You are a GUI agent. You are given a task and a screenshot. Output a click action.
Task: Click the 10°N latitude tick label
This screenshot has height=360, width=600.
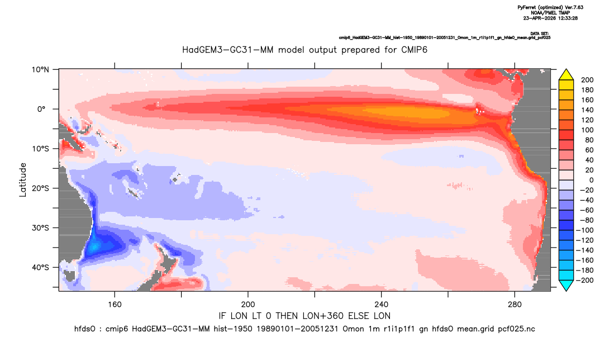pyautogui.click(x=40, y=70)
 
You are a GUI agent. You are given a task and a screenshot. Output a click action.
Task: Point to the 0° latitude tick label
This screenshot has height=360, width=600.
pyautogui.click(x=41, y=109)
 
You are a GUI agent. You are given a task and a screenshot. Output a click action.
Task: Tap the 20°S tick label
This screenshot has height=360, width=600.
pyautogui.click(x=40, y=188)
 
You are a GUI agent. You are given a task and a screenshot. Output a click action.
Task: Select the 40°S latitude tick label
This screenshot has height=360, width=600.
pyautogui.click(x=40, y=267)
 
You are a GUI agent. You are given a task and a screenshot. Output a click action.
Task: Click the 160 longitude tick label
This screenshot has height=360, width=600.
pyautogui.click(x=115, y=305)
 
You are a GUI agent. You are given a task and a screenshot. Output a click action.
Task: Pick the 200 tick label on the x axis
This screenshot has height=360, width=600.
pyautogui.click(x=248, y=305)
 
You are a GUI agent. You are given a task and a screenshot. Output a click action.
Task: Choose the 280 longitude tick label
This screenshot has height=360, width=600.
pyautogui.click(x=515, y=305)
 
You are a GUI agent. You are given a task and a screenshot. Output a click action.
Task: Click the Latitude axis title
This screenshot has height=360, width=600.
pyautogui.click(x=23, y=179)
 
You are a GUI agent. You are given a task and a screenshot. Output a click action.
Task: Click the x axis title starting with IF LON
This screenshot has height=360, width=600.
pyautogui.click(x=304, y=316)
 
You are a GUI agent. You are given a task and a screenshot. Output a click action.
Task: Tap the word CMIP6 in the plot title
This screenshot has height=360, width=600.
pyautogui.click(x=414, y=50)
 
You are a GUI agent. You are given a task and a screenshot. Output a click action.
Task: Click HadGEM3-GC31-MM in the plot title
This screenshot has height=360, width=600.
pyautogui.click(x=228, y=50)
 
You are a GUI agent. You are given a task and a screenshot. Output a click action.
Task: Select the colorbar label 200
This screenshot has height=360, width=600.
pyautogui.click(x=587, y=80)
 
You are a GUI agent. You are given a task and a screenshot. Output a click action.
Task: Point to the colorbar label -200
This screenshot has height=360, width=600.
pyautogui.click(x=585, y=280)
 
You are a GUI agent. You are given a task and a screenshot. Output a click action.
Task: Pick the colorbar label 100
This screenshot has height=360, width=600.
pyautogui.click(x=587, y=130)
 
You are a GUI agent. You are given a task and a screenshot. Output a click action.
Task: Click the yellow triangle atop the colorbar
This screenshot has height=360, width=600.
pyautogui.click(x=566, y=75)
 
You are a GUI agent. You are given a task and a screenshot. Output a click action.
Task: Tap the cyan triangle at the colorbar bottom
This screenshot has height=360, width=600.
pyautogui.click(x=566, y=285)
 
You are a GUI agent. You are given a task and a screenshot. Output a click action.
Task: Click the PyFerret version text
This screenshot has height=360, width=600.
pyautogui.click(x=550, y=7)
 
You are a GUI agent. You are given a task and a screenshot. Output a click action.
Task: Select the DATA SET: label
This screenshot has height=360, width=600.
pyautogui.click(x=540, y=34)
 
